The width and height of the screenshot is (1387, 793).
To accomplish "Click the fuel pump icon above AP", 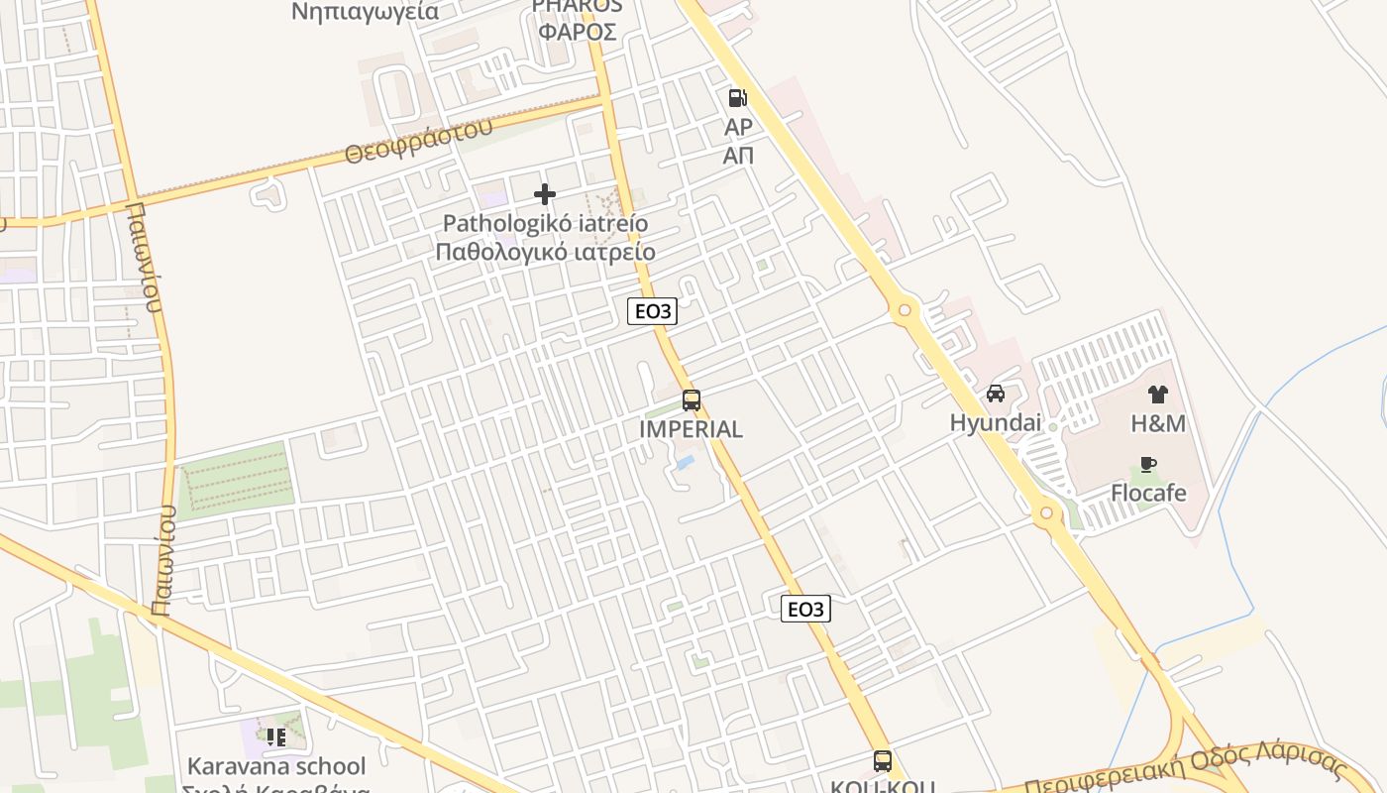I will tap(737, 97).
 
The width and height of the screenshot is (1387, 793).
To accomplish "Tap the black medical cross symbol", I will tap(544, 194).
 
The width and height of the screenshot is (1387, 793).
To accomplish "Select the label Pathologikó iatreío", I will tap(545, 223).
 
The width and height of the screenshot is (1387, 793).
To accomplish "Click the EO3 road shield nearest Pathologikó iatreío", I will tap(652, 311).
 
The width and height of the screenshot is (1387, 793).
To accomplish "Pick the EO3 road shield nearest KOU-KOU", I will tap(805, 609).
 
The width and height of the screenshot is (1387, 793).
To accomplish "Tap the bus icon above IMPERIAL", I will tap(692, 400).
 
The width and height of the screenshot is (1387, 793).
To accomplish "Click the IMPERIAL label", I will tap(692, 429).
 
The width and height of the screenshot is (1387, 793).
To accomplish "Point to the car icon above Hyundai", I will tap(996, 394).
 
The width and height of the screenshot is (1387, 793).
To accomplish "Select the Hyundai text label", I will tap(996, 423).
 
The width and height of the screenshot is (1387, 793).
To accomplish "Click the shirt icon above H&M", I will tap(1157, 395).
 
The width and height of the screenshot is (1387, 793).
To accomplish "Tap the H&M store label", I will tap(1158, 423).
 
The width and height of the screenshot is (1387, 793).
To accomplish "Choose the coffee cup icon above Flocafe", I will tap(1148, 464).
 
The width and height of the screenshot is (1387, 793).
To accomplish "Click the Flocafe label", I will tap(1148, 493).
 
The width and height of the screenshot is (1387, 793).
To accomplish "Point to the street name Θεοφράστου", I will tap(418, 142).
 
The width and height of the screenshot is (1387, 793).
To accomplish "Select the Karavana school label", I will tap(276, 766).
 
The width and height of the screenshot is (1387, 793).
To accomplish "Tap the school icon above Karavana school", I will tap(275, 736).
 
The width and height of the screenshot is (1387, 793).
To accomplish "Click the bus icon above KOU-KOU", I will tap(883, 761).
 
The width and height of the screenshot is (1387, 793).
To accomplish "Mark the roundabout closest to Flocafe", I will tap(1046, 513).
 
